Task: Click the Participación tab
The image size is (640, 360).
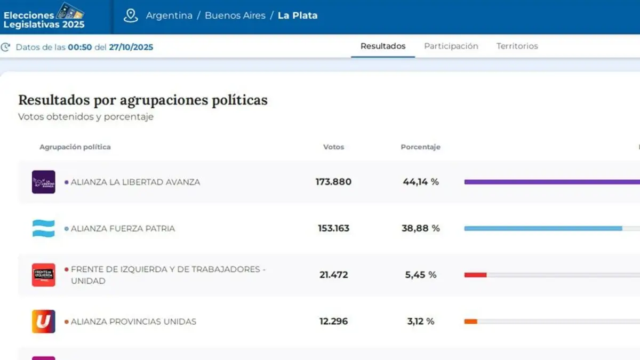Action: click(x=451, y=46)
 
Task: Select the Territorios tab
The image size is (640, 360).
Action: click(x=517, y=46)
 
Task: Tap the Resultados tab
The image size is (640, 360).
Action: click(x=383, y=46)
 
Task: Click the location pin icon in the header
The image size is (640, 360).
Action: click(x=131, y=15)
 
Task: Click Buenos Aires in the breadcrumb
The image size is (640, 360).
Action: click(x=235, y=15)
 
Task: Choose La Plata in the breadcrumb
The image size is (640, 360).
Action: click(x=298, y=15)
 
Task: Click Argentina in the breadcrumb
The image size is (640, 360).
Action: click(x=169, y=15)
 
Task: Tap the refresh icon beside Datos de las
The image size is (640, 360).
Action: click(x=5, y=47)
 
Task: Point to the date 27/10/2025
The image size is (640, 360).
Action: click(x=131, y=47)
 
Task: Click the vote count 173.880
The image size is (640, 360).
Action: click(x=333, y=182)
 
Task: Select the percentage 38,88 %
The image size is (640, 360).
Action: click(x=421, y=228)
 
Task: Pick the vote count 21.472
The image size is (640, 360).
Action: click(x=333, y=275)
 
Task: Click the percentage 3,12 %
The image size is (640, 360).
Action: click(x=421, y=322)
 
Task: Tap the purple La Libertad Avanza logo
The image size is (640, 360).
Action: click(x=43, y=182)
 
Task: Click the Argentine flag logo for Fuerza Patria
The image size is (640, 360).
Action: click(x=43, y=229)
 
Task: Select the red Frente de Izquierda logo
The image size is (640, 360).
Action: click(x=43, y=275)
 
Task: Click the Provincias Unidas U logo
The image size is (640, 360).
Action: click(x=43, y=322)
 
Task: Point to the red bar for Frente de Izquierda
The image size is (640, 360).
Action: click(x=475, y=275)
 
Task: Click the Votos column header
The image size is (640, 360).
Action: click(x=333, y=147)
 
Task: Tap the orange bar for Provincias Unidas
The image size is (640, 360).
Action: click(x=470, y=322)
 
